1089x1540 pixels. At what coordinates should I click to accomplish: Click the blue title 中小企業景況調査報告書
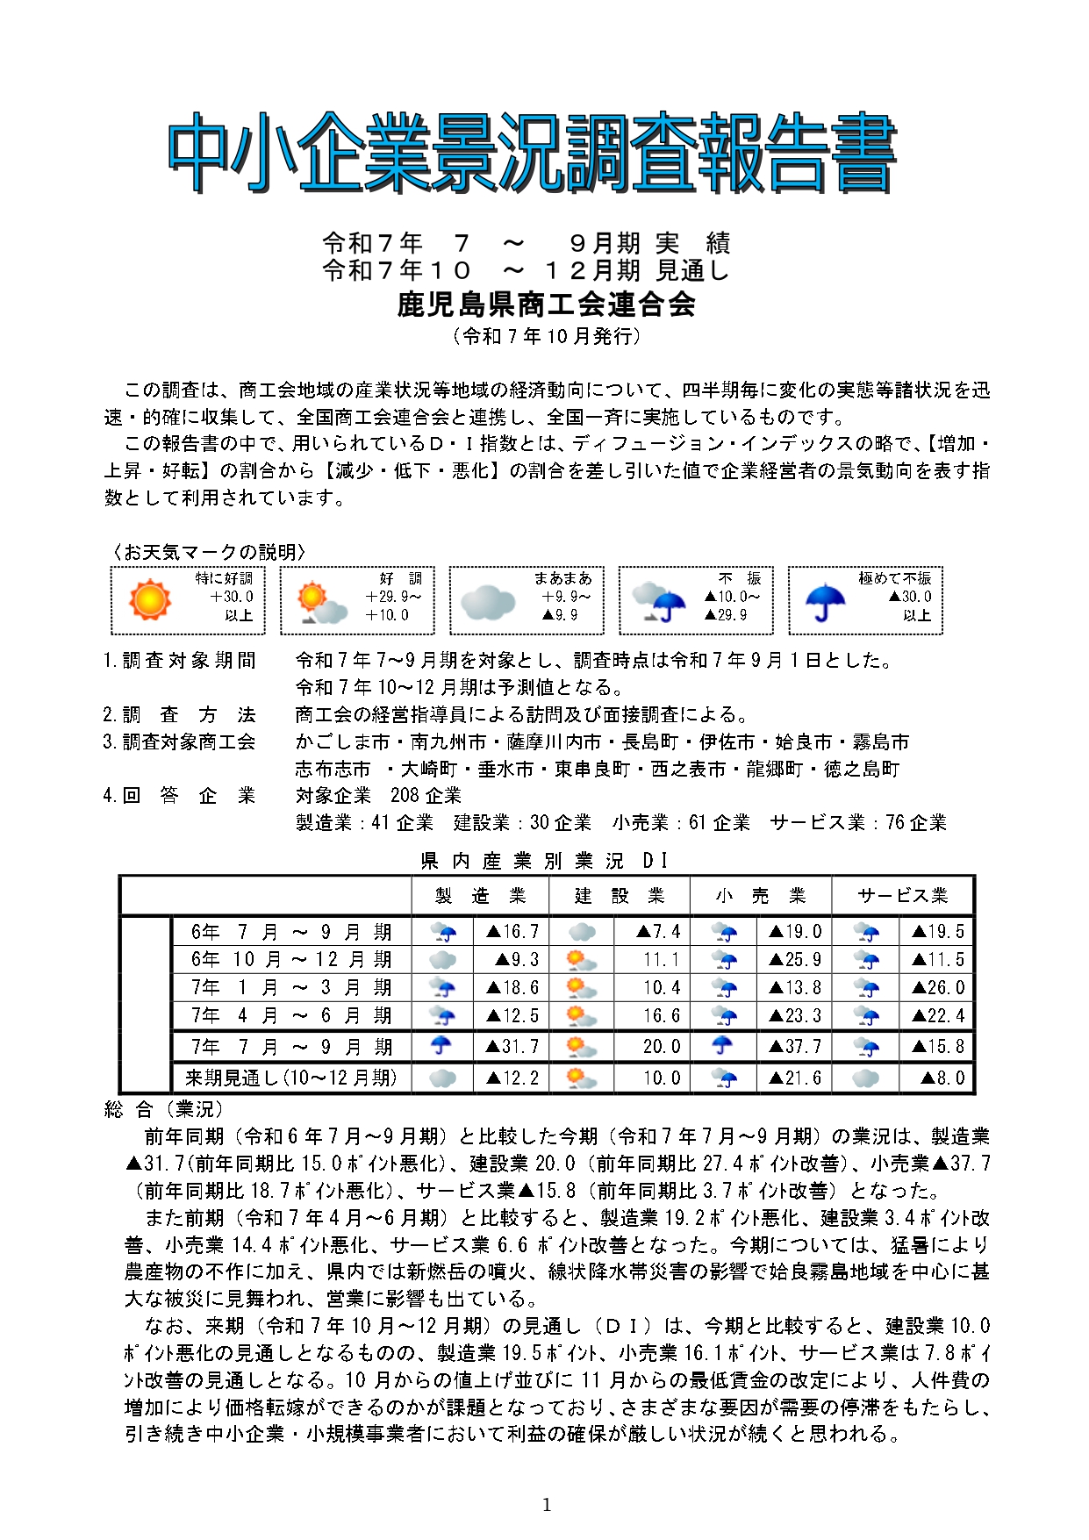(x=532, y=153)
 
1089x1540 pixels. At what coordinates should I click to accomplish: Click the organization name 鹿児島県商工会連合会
(x=546, y=304)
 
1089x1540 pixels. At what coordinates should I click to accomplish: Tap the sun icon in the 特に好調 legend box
(x=149, y=600)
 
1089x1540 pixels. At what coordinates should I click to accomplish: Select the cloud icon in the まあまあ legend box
(x=487, y=603)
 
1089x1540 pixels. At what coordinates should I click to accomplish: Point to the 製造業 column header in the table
(x=480, y=896)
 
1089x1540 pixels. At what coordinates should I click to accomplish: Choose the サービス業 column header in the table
(x=902, y=896)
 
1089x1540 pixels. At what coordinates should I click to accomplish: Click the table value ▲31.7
(x=512, y=1047)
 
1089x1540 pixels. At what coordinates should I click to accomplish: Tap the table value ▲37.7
(x=795, y=1047)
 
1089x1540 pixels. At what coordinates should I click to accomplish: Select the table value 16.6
(x=662, y=1016)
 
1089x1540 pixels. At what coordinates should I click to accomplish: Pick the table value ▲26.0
(x=938, y=988)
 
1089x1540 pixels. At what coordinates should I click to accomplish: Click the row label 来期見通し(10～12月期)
(x=290, y=1078)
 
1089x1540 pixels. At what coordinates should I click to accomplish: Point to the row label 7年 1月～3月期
(x=290, y=988)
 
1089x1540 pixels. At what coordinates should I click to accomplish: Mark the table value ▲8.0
(x=942, y=1078)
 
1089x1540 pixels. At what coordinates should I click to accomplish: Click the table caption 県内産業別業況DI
(x=545, y=861)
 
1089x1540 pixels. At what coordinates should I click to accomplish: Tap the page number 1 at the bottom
(x=547, y=1506)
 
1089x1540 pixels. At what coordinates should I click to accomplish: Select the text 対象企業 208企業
(x=378, y=796)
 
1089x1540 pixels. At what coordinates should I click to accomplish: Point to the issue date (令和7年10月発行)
(x=546, y=336)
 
